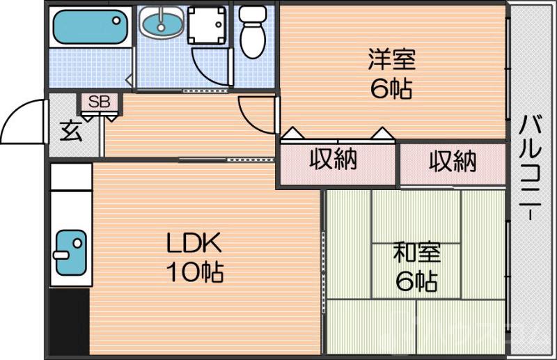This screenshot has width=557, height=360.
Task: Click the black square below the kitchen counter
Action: (x=69, y=323)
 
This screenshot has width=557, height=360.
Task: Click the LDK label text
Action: (x=193, y=244)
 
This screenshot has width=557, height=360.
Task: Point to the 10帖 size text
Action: (x=193, y=272)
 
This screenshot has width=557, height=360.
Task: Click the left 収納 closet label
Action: (x=334, y=160)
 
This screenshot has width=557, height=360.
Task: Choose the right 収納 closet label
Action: (x=452, y=162)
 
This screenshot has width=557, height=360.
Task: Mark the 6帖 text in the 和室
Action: (x=416, y=281)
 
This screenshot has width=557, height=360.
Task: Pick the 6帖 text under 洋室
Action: (x=391, y=89)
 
